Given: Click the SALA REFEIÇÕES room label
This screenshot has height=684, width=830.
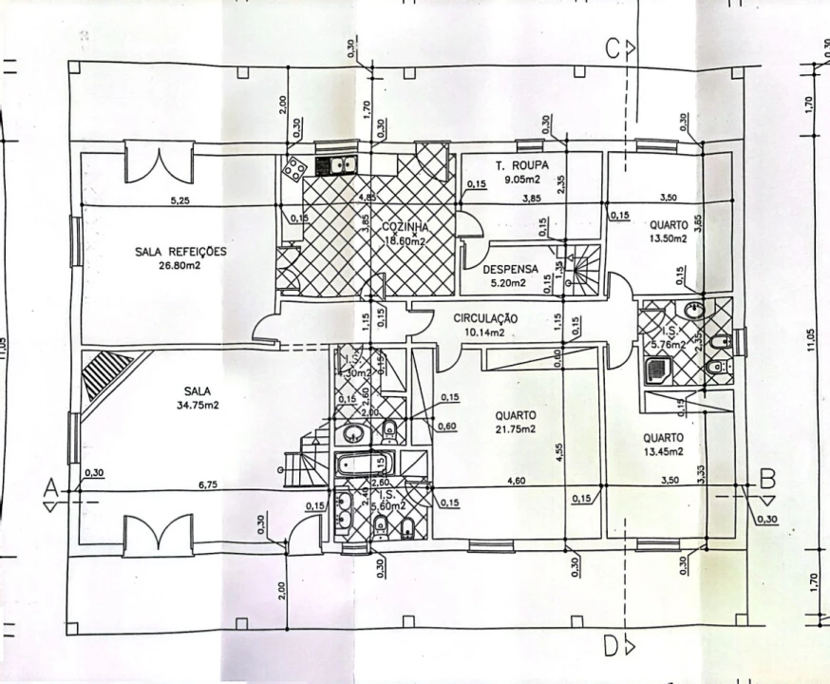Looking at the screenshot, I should (x=180, y=252).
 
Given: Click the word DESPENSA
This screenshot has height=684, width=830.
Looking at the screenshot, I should (x=510, y=269).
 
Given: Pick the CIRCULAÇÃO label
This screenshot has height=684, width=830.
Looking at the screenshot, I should (x=484, y=319).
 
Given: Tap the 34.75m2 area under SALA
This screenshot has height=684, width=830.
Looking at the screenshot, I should (x=198, y=405).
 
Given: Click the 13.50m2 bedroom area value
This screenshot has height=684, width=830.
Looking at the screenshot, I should (x=668, y=238).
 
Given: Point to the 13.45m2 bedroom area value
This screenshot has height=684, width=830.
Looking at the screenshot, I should (x=662, y=451).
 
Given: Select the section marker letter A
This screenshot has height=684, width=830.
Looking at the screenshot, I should (x=52, y=487).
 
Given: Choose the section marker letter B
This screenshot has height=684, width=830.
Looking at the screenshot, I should (x=768, y=481).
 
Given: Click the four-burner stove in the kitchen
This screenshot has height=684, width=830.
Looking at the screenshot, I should (x=294, y=168).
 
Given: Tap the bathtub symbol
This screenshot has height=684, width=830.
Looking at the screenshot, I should (x=356, y=466).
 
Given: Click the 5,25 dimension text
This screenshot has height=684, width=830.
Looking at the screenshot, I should (x=179, y=200).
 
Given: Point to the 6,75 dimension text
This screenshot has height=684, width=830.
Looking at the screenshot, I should (x=207, y=484).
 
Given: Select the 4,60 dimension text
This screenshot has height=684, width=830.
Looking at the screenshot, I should (x=516, y=482).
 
